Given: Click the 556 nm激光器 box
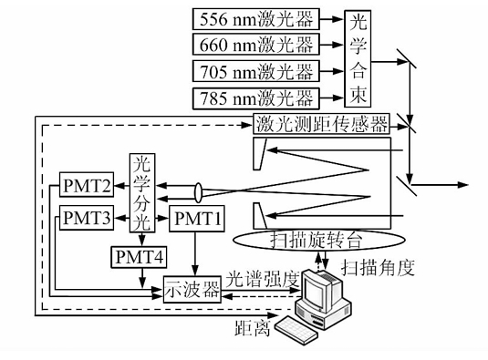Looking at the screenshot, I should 255,17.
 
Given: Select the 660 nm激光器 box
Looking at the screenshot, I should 255,44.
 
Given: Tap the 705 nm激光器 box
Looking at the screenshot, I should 255,71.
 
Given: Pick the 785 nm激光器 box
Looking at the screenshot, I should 255,98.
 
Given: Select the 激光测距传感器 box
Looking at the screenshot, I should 321,123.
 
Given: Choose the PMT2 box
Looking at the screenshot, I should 88,187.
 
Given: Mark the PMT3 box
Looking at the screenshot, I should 88,219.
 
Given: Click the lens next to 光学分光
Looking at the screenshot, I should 199,192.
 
